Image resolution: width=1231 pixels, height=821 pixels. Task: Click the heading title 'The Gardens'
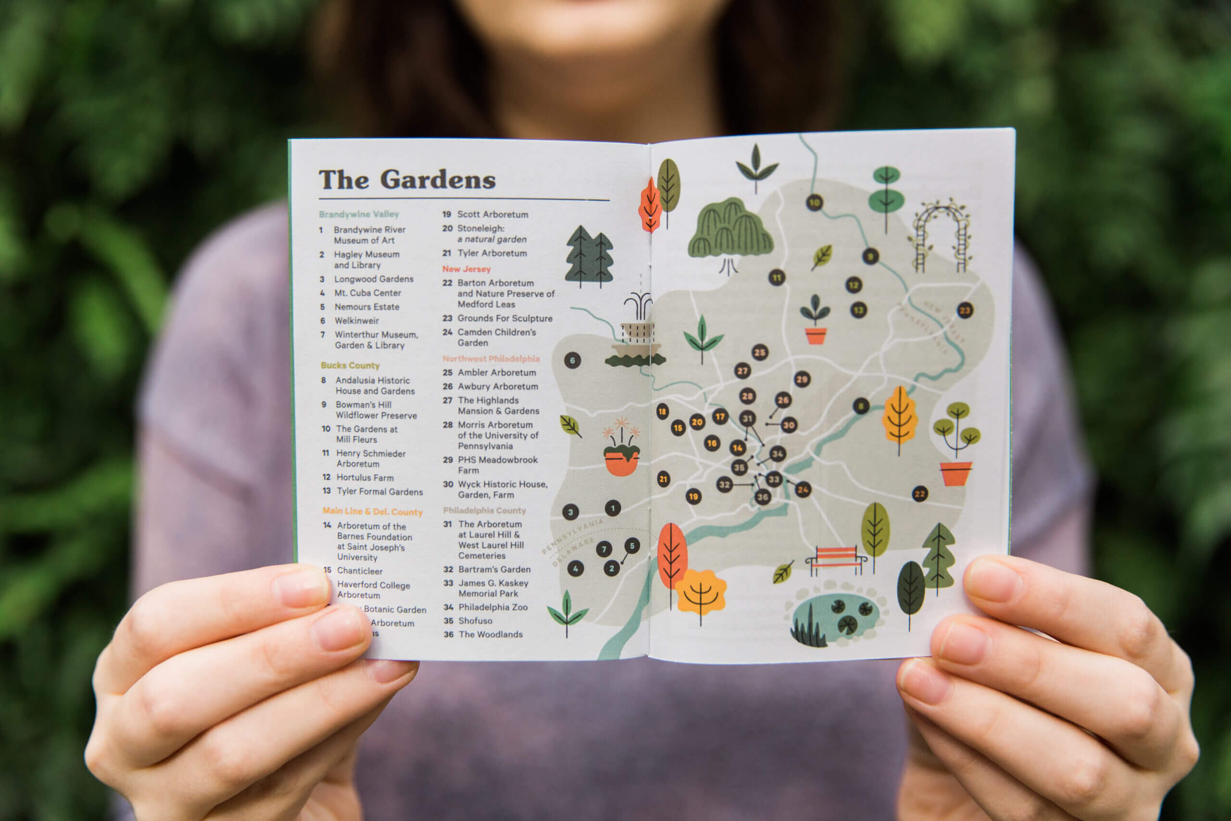[407, 179]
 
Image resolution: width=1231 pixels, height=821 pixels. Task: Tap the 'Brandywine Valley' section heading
[359, 214]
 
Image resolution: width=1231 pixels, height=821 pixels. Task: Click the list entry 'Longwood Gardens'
[373, 279]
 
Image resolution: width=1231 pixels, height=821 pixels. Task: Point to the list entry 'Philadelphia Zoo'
[492, 607]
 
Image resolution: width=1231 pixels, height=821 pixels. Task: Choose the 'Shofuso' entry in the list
[475, 621]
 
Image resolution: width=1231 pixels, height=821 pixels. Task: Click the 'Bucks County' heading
[350, 366]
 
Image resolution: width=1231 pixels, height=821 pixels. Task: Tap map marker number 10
[815, 202]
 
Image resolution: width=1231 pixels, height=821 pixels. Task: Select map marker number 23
[965, 311]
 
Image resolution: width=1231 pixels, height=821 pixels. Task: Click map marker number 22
[919, 494]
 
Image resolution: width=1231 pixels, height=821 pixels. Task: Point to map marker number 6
[572, 360]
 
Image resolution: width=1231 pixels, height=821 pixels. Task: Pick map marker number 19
[693, 496]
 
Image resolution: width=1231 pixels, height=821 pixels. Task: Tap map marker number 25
[759, 353]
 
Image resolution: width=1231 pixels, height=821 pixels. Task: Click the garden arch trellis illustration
[941, 236]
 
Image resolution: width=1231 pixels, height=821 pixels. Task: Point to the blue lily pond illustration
[836, 615]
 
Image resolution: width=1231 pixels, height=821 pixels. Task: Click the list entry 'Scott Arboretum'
[492, 214]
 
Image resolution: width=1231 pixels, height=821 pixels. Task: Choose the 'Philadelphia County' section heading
[484, 510]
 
